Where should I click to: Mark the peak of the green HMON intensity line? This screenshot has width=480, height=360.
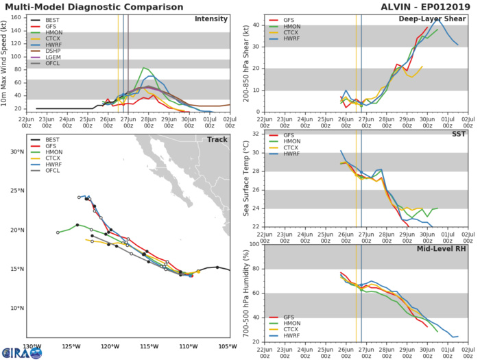click(x=143, y=68)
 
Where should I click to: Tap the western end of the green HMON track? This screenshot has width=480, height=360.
click(x=58, y=232)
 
